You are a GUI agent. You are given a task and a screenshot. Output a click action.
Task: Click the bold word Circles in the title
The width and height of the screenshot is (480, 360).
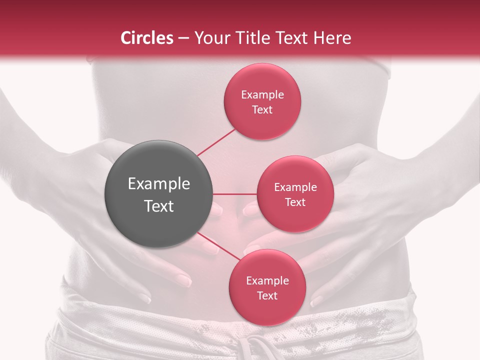pos(146,38)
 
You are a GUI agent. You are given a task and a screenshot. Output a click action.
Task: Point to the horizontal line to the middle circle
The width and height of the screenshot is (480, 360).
pos(235,194)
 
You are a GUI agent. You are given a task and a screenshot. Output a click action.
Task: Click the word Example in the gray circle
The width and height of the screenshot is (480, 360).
pos(159,184)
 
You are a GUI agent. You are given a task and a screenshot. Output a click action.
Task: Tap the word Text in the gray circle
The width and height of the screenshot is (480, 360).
pos(159,206)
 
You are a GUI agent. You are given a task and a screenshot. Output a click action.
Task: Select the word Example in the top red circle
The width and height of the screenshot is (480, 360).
pos(262,95)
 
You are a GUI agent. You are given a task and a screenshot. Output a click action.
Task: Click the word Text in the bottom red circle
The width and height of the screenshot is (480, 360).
pos(267,295)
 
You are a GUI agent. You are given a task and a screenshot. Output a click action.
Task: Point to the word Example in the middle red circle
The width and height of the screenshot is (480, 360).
pos(295,187)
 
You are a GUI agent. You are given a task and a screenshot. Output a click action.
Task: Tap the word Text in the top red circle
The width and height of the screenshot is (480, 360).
pos(262,110)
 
